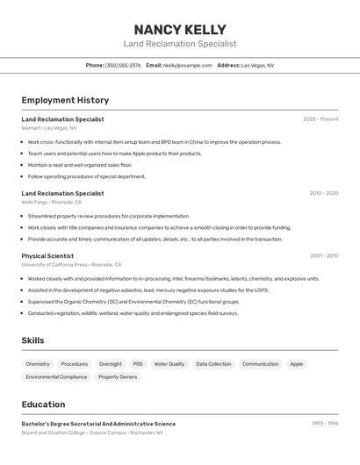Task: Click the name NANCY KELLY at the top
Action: tap(180, 29)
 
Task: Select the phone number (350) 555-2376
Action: tap(123, 65)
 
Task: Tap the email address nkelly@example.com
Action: tap(187, 65)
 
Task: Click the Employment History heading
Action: tap(65, 100)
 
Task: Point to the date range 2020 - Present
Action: tap(320, 119)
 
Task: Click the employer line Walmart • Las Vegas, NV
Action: tap(49, 128)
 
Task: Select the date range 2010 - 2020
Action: tap(323, 193)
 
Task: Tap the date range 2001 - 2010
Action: tap(323, 256)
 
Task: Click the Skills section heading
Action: tap(33, 340)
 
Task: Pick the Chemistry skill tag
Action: tap(38, 363)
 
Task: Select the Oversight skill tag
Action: tap(111, 363)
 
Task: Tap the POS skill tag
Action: tap(138, 363)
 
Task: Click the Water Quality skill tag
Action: tap(169, 363)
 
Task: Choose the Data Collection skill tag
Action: tap(213, 363)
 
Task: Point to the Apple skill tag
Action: tap(297, 363)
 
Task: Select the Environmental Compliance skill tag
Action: tap(56, 377)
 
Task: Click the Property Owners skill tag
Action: tap(118, 377)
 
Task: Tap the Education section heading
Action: tap(43, 404)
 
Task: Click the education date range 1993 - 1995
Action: tap(325, 424)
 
